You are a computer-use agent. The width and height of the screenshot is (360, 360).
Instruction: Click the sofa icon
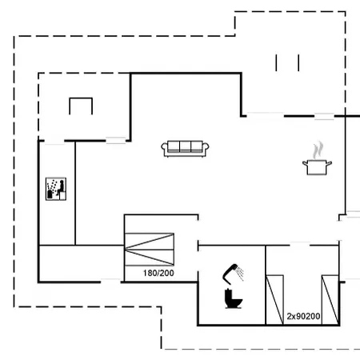pyautogui.click(x=185, y=148)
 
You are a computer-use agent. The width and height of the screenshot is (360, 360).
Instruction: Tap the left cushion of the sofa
pyautogui.click(x=173, y=147)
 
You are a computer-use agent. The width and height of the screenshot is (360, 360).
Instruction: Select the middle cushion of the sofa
pyautogui.click(x=185, y=147)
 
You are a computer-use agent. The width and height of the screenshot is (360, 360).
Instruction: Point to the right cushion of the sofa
pyautogui.click(x=197, y=147)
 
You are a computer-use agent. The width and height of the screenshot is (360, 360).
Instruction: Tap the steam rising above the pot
pyautogui.click(x=318, y=149)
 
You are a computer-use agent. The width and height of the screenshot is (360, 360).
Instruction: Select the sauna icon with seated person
pyautogui.click(x=55, y=189)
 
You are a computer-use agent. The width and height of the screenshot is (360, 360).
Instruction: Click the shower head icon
pyautogui.click(x=234, y=271)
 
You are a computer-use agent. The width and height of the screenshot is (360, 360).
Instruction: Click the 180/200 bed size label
pyautogui.click(x=158, y=274)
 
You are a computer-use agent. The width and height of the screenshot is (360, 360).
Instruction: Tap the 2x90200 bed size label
pyautogui.click(x=304, y=317)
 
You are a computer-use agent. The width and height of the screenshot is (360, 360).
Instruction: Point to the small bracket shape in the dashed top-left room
pyautogui.click(x=81, y=106)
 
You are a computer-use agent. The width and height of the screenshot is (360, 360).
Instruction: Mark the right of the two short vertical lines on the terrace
pyautogui.click(x=298, y=62)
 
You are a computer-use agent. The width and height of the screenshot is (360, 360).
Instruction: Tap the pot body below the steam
pyautogui.click(x=316, y=166)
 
